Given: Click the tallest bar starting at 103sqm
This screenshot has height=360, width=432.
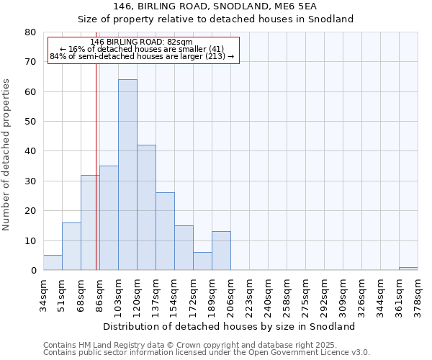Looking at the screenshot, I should pyautogui.click(x=127, y=175).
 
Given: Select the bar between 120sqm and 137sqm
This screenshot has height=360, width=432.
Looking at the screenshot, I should pyautogui.click(x=146, y=207).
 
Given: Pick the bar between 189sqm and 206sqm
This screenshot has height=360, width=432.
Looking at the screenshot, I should pyautogui.click(x=221, y=251).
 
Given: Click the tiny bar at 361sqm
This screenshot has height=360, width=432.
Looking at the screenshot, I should pyautogui.click(x=408, y=269).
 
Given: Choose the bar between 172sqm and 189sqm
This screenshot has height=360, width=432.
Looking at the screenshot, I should pyautogui.click(x=202, y=261).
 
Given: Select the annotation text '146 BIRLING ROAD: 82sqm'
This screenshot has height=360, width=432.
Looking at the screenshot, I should pyautogui.click(x=142, y=42).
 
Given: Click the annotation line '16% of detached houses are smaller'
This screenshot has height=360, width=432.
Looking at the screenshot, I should pyautogui.click(x=142, y=49).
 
